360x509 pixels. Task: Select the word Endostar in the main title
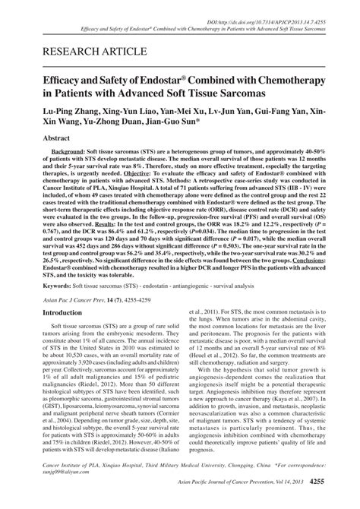point(166,80)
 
